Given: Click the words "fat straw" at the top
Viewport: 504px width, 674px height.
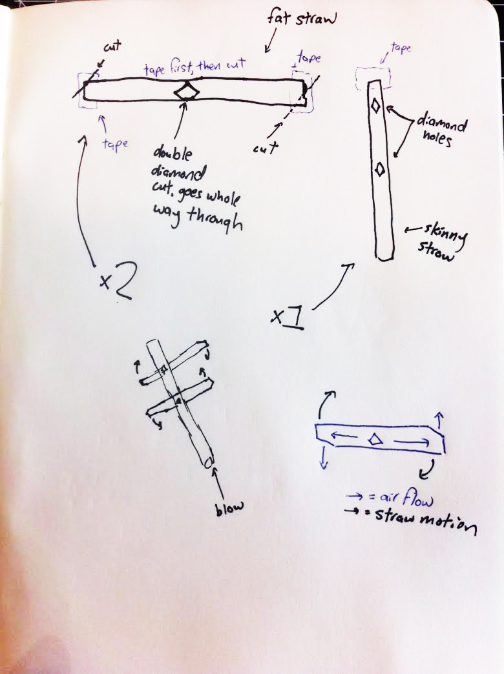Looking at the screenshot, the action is [x=301, y=18].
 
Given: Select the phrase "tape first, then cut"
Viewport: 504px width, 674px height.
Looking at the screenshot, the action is [x=194, y=67].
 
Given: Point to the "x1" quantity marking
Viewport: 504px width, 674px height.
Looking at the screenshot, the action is [x=288, y=318].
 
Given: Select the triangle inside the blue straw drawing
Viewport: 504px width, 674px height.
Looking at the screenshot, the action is [x=375, y=439].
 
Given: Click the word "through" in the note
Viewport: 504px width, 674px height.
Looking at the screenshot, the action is [x=215, y=220].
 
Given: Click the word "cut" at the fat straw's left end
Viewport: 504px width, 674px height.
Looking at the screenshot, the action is [x=112, y=46].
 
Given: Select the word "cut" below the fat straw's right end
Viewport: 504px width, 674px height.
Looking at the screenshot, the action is [x=266, y=148].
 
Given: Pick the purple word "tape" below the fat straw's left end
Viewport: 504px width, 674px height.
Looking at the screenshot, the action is [x=115, y=143].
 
